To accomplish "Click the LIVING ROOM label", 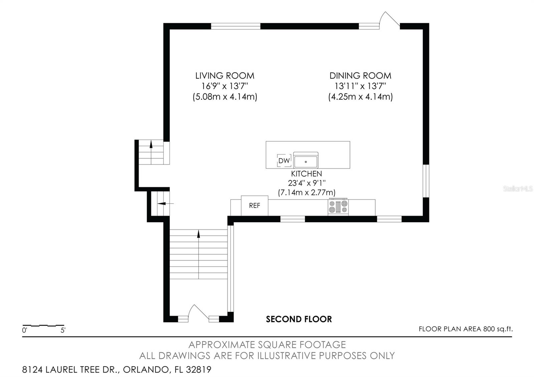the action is coord(225,76).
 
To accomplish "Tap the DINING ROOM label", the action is coord(360,76).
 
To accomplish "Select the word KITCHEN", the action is coord(306,173).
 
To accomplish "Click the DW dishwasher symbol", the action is coord(284,160).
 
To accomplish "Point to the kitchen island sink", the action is coord(306,160).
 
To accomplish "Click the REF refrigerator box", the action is coord(255,206).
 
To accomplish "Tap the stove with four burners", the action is coord(338,207).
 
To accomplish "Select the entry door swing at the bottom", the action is coord(198,312).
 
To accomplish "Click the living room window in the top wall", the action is coord(236,26).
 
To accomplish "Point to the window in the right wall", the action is coord(426,181).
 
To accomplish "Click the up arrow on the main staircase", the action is coord(198,254).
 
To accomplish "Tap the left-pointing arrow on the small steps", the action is coord(166,204).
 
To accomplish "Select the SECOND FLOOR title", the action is coord(299,319).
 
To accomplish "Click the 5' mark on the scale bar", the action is coord(63,330).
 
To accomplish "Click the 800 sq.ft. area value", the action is coord(498,329).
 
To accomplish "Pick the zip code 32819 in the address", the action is coord(199,369).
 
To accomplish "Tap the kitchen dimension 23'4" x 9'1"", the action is coord(307,183).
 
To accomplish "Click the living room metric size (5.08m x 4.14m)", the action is coord(225,97).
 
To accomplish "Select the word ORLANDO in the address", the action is coord(146,370).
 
